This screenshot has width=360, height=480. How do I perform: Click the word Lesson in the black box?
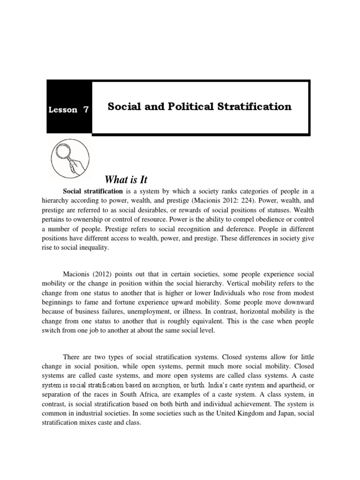[x=63, y=110]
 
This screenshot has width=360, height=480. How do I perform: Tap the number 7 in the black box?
[x=85, y=110]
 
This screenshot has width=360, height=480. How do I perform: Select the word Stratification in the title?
[x=254, y=106]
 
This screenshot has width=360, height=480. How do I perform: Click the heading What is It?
[x=126, y=180]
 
